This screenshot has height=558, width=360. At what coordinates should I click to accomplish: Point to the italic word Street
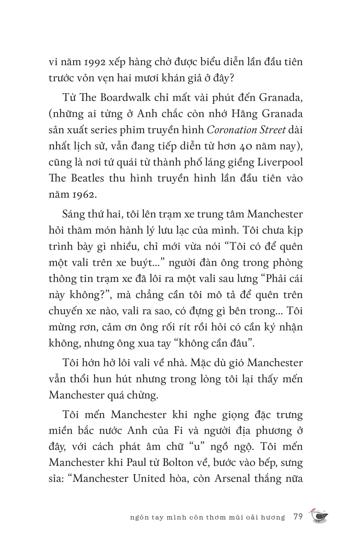pyautogui.click(x=270, y=130)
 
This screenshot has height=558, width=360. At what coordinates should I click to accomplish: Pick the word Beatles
pyautogui.click(x=88, y=178)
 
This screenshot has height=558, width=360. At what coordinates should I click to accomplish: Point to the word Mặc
pyautogui.click(x=202, y=363)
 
